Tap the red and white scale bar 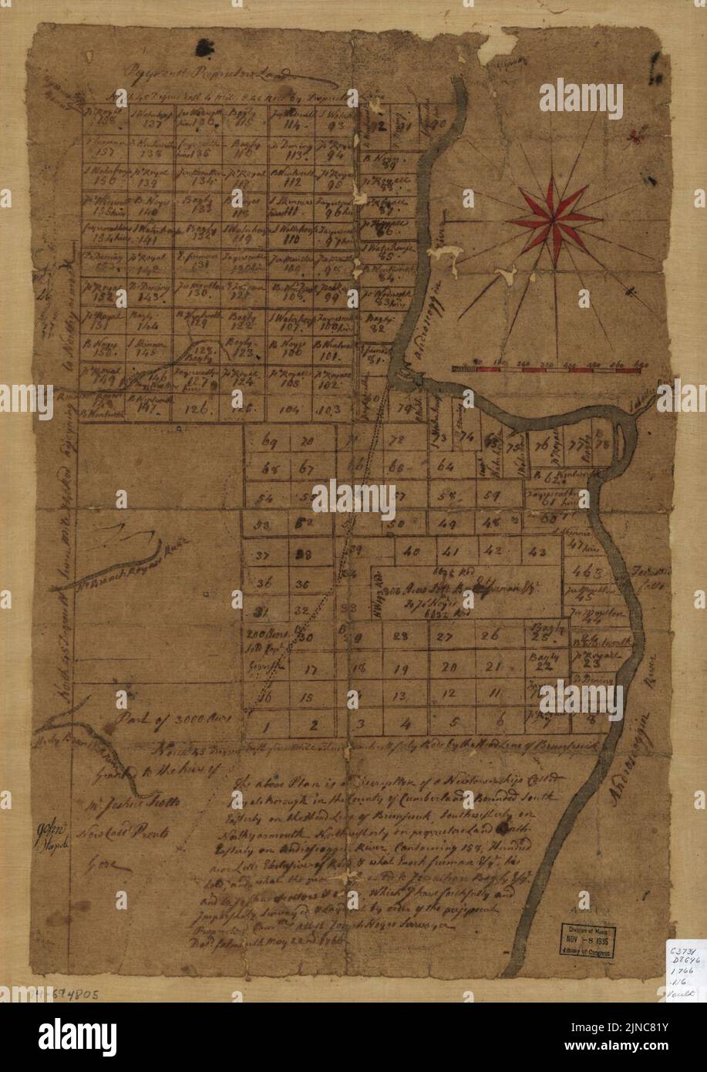546,370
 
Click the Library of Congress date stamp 587,940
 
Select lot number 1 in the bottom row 264,725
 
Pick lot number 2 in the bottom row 312,724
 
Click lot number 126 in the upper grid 199,409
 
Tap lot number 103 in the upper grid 329,410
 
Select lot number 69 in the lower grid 269,443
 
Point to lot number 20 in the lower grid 449,668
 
